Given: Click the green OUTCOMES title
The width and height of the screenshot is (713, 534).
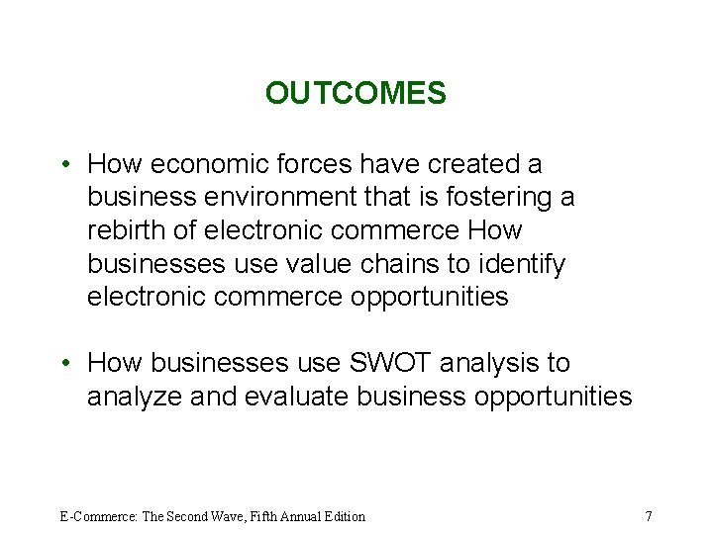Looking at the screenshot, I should coord(356,94).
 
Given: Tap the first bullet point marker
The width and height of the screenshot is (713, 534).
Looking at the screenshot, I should coord(63,164).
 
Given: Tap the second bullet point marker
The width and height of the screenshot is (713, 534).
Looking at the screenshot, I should coord(63,364).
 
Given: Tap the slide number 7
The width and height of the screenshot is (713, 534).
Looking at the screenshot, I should coord(648,515).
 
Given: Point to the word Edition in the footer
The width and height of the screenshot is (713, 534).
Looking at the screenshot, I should coord(342,516).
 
